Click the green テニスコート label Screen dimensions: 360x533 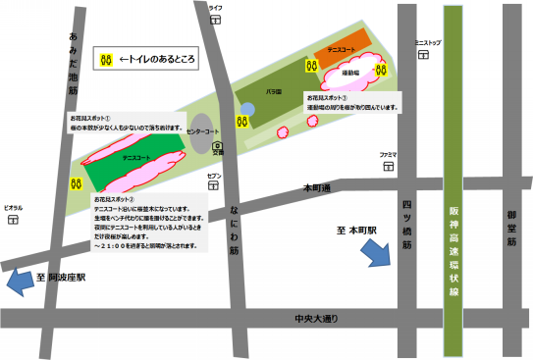136,157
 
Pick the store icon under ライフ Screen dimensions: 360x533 215,18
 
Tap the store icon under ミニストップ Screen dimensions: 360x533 426,54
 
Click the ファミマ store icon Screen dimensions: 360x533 389,166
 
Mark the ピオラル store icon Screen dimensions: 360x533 13,220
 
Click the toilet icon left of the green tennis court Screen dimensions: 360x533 74,182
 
